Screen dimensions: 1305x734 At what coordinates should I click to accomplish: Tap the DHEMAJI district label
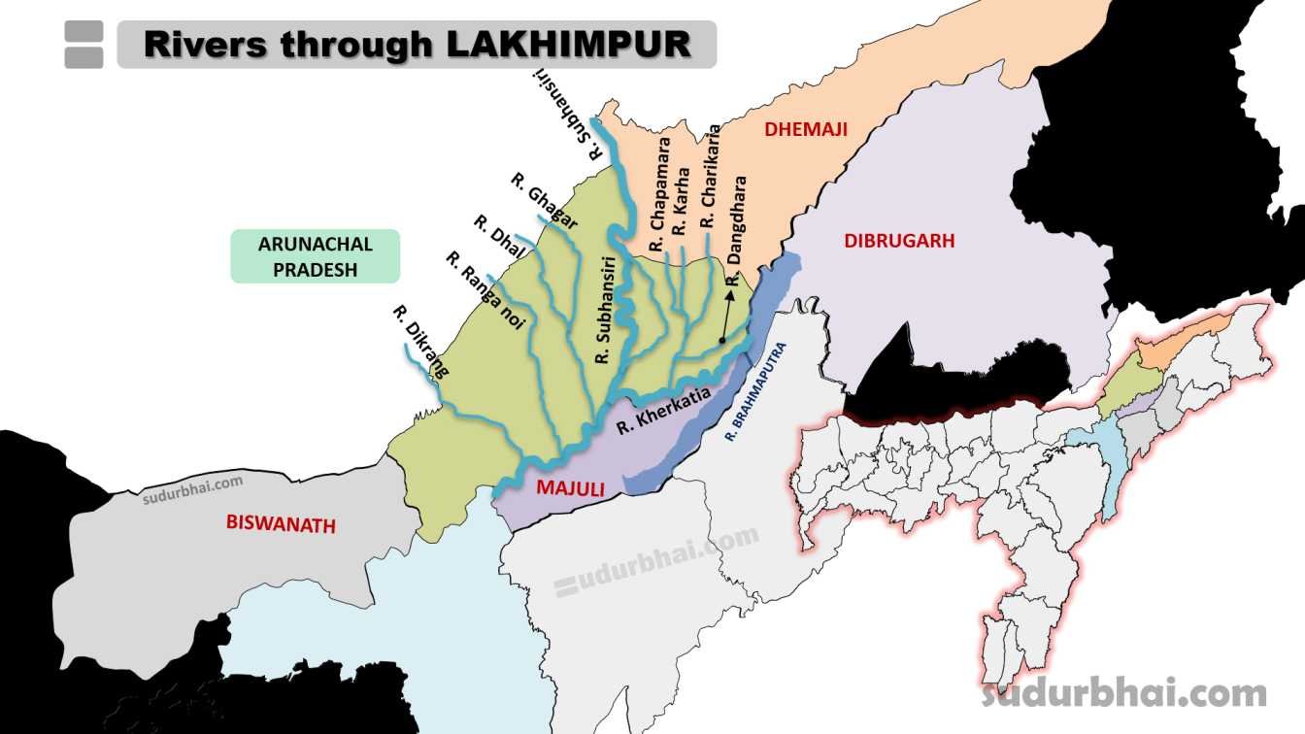tap(805, 129)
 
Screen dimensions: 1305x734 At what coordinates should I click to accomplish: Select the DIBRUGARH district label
tap(899, 241)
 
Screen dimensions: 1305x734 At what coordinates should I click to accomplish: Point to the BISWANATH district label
tap(281, 525)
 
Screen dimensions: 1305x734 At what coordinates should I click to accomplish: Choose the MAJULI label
tap(571, 489)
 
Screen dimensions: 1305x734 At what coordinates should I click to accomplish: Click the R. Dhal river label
tap(499, 237)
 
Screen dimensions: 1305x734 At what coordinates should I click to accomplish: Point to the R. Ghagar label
tap(545, 201)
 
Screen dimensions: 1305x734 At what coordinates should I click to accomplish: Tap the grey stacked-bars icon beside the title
tap(84, 45)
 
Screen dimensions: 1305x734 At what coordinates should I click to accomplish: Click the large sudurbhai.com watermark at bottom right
tap(1124, 693)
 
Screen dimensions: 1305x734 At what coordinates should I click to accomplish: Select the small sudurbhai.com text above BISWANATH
tap(192, 490)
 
